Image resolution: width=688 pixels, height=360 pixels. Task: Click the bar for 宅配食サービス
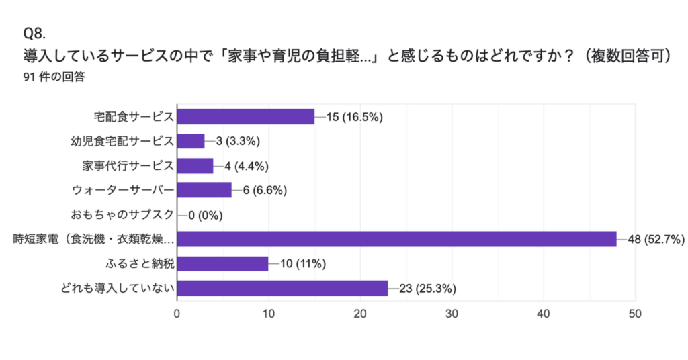tap(246, 116)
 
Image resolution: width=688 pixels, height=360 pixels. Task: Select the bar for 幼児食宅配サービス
tap(191, 141)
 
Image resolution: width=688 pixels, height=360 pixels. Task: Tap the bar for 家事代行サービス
tap(196, 165)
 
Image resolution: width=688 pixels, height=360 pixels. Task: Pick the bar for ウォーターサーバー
tap(204, 190)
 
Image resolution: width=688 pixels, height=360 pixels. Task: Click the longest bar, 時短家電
tap(396, 239)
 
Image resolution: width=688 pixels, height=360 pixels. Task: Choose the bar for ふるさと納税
tap(222, 263)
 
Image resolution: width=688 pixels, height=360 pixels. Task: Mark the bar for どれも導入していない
tap(282, 288)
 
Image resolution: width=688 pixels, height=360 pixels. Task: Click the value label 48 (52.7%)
tap(655, 239)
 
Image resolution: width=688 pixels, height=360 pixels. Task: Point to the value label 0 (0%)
tap(206, 215)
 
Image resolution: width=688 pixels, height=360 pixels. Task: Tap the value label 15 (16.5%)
tap(354, 117)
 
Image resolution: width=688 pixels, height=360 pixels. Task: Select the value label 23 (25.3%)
tap(428, 289)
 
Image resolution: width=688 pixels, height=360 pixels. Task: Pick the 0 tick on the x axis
tap(177, 313)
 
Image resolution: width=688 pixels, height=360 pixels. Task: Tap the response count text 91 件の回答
tap(54, 77)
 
